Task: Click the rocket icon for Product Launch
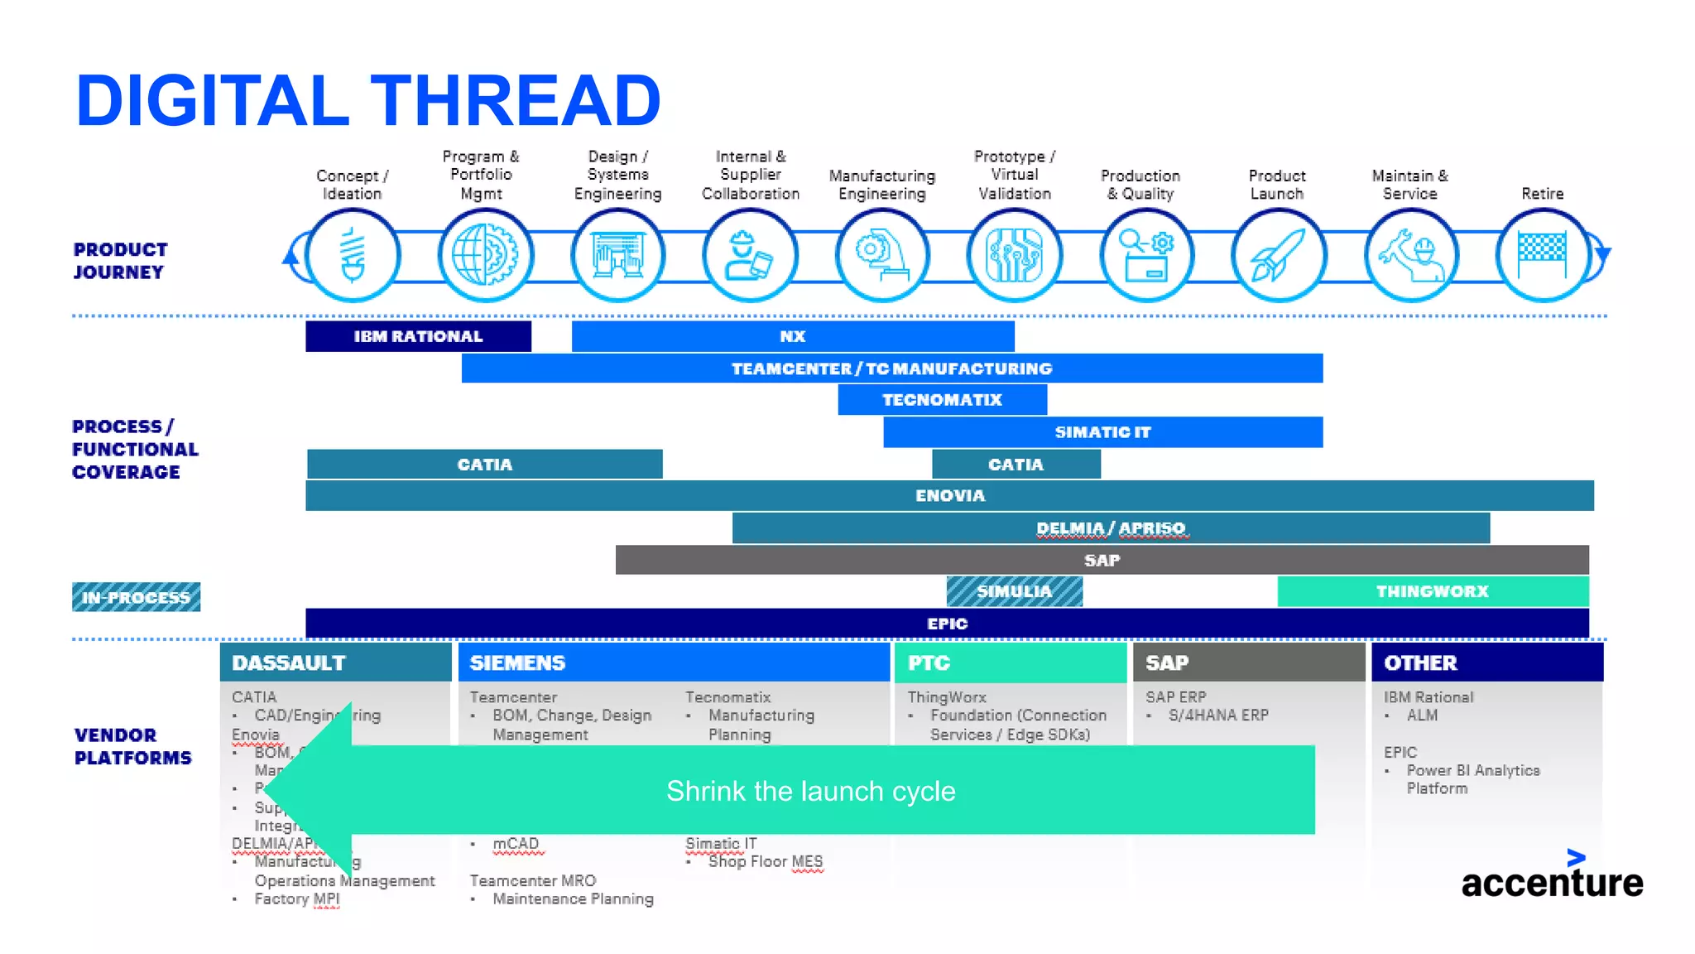coord(1279,256)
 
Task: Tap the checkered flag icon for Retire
coord(1543,256)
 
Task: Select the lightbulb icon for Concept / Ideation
coord(353,256)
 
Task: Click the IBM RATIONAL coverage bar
coord(418,336)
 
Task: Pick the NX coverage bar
coord(792,336)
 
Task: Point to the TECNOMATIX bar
coord(942,400)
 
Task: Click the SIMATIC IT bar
coord(1102,432)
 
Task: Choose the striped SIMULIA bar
coord(1014,591)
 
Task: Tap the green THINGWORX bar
coord(1433,591)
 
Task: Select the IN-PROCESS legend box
coord(136,597)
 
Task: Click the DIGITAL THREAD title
coord(368,101)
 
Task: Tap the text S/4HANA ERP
coord(1218,715)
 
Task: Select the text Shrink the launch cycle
coord(810,791)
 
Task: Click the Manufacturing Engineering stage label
coord(882,185)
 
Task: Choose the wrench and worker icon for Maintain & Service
coord(1411,256)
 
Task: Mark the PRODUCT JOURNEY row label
coord(120,261)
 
